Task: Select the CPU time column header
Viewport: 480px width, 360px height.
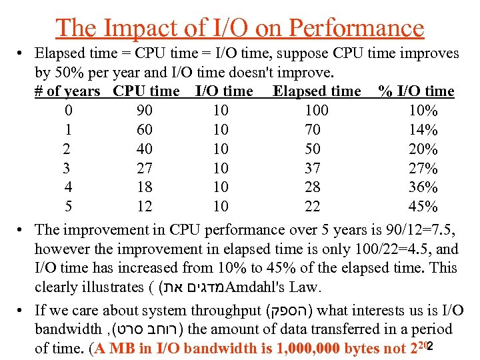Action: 147,91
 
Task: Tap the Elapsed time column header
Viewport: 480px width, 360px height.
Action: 317,91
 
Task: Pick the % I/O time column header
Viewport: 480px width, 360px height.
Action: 416,91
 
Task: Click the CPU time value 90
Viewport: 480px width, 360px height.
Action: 144,111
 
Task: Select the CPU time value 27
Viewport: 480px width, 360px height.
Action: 144,168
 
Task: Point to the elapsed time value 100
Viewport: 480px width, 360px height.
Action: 312,111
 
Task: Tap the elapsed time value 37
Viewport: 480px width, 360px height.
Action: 312,168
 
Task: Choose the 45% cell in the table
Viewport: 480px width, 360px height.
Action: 423,207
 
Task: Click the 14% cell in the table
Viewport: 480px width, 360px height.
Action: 423,130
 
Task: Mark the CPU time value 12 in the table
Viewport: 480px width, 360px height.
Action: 144,207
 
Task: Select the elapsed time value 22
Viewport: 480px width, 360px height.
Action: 312,207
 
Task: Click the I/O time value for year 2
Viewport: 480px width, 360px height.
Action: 220,149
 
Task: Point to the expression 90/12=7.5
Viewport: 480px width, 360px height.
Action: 420,231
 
